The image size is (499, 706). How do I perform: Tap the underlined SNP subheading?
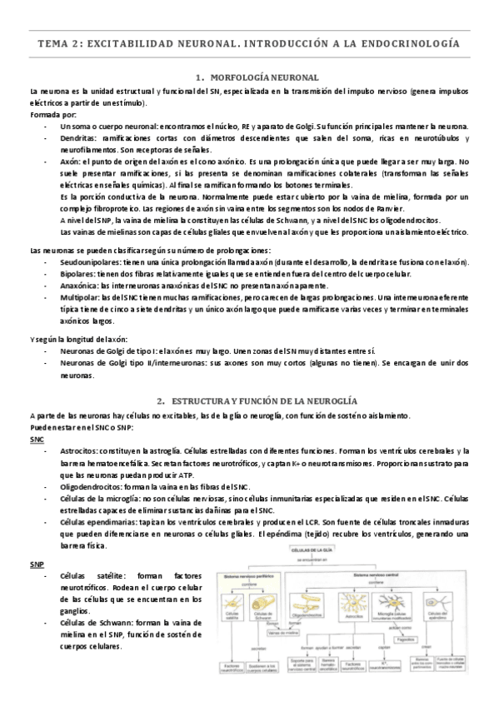37,564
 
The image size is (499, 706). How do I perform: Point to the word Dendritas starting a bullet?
79,137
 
